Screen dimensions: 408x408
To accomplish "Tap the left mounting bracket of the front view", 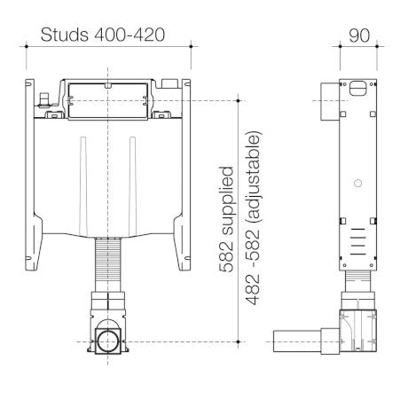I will tap(33, 177).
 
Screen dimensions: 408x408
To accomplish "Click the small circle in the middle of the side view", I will tap(357, 184).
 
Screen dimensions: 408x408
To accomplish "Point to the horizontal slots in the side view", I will tap(357, 238).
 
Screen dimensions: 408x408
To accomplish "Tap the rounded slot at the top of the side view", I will tap(357, 88).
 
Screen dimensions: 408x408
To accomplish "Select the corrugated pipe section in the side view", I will tap(357, 286).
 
